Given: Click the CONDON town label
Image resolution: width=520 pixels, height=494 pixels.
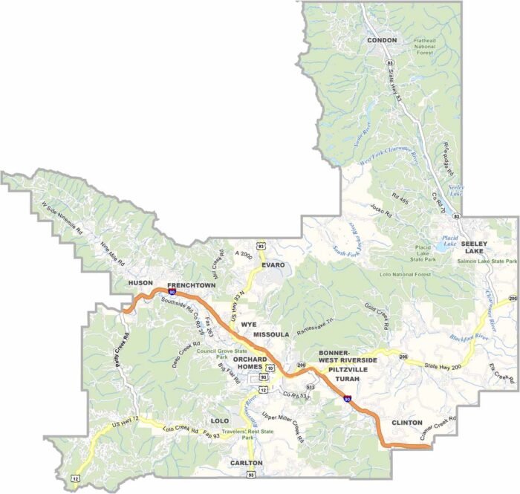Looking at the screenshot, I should (x=382, y=40).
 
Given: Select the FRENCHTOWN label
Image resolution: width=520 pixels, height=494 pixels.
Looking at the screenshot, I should (x=192, y=285).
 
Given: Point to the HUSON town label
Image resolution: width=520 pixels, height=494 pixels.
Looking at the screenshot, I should (x=140, y=283).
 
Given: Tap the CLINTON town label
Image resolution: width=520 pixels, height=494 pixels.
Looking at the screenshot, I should (x=406, y=422).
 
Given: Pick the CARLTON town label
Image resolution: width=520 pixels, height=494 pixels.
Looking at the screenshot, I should (x=246, y=462).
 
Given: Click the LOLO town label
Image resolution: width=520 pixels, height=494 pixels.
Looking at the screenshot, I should (x=220, y=420).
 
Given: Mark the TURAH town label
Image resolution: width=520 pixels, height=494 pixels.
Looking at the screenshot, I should (x=348, y=379).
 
